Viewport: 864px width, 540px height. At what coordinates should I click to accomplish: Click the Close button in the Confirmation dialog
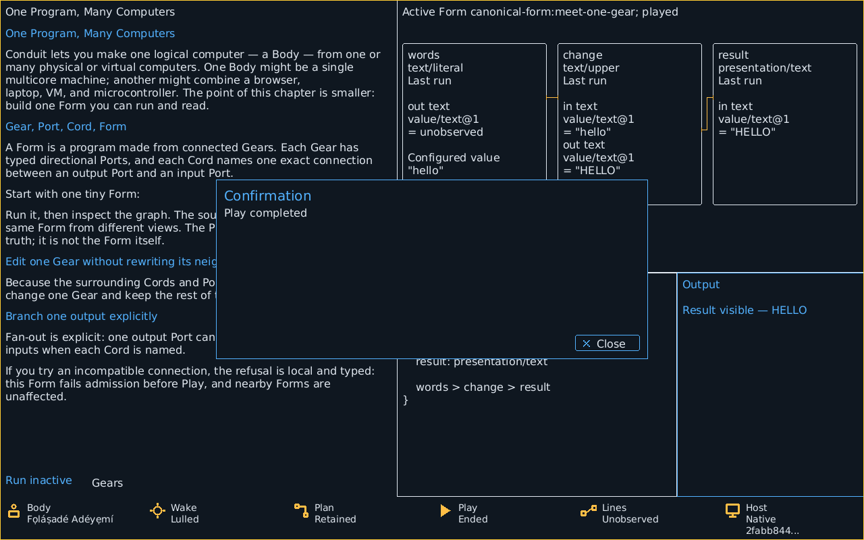607,344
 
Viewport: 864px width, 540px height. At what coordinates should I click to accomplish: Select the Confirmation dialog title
268,196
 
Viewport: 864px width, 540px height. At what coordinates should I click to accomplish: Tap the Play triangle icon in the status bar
446,511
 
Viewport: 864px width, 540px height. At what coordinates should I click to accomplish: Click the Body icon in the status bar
14,511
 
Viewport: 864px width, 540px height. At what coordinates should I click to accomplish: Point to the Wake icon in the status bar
157,511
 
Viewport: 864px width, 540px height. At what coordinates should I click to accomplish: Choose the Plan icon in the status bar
301,511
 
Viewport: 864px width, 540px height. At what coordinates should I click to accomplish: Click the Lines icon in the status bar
589,511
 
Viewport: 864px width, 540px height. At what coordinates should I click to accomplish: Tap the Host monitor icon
732,511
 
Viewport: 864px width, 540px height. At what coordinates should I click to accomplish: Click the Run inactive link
38,480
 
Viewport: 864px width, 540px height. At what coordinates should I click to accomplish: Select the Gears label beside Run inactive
107,483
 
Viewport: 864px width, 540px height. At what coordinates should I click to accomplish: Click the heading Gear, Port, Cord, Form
66,126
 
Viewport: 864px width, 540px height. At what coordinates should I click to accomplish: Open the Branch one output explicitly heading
82,317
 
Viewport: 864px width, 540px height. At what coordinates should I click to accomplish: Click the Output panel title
701,285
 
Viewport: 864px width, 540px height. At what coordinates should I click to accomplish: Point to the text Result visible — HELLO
745,310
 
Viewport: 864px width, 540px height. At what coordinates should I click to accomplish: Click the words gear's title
423,55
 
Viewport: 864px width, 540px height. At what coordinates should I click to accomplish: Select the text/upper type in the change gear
591,68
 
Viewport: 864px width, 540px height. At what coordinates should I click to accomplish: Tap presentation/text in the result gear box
765,68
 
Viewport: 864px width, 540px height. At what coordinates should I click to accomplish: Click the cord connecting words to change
552,98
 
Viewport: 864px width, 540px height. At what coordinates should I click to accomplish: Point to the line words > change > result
483,387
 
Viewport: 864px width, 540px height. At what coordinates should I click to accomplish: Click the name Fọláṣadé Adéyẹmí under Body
70,519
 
